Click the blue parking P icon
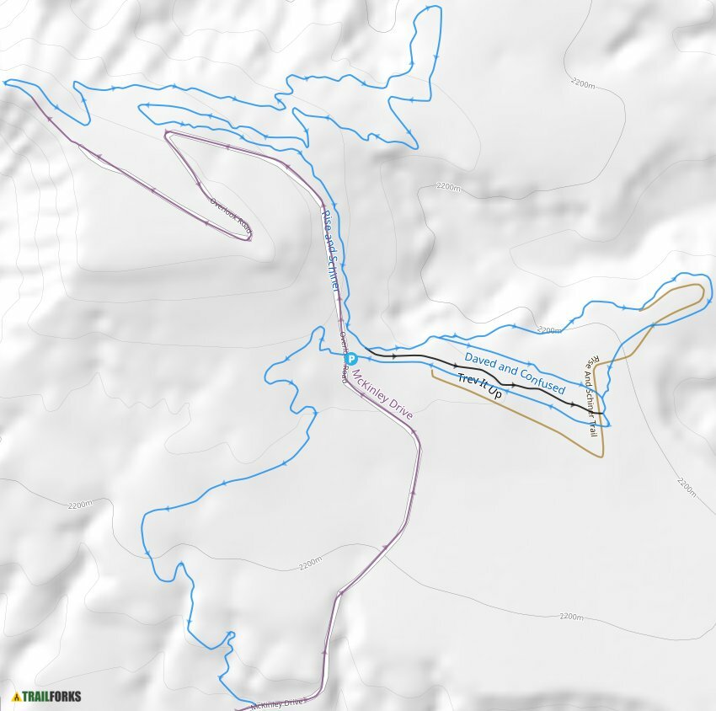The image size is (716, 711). (x=352, y=359)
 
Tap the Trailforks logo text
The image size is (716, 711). (x=52, y=697)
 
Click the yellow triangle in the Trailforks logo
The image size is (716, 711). (x=17, y=697)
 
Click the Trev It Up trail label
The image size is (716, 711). (x=479, y=387)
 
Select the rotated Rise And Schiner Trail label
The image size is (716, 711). (x=592, y=395)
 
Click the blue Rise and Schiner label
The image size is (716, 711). (x=331, y=250)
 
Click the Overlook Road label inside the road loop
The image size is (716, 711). (x=230, y=216)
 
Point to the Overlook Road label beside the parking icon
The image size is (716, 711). (x=344, y=358)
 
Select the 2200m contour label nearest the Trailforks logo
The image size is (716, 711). (x=79, y=505)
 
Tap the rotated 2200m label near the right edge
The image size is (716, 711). (x=687, y=487)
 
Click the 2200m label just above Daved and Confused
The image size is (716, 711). (x=549, y=330)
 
